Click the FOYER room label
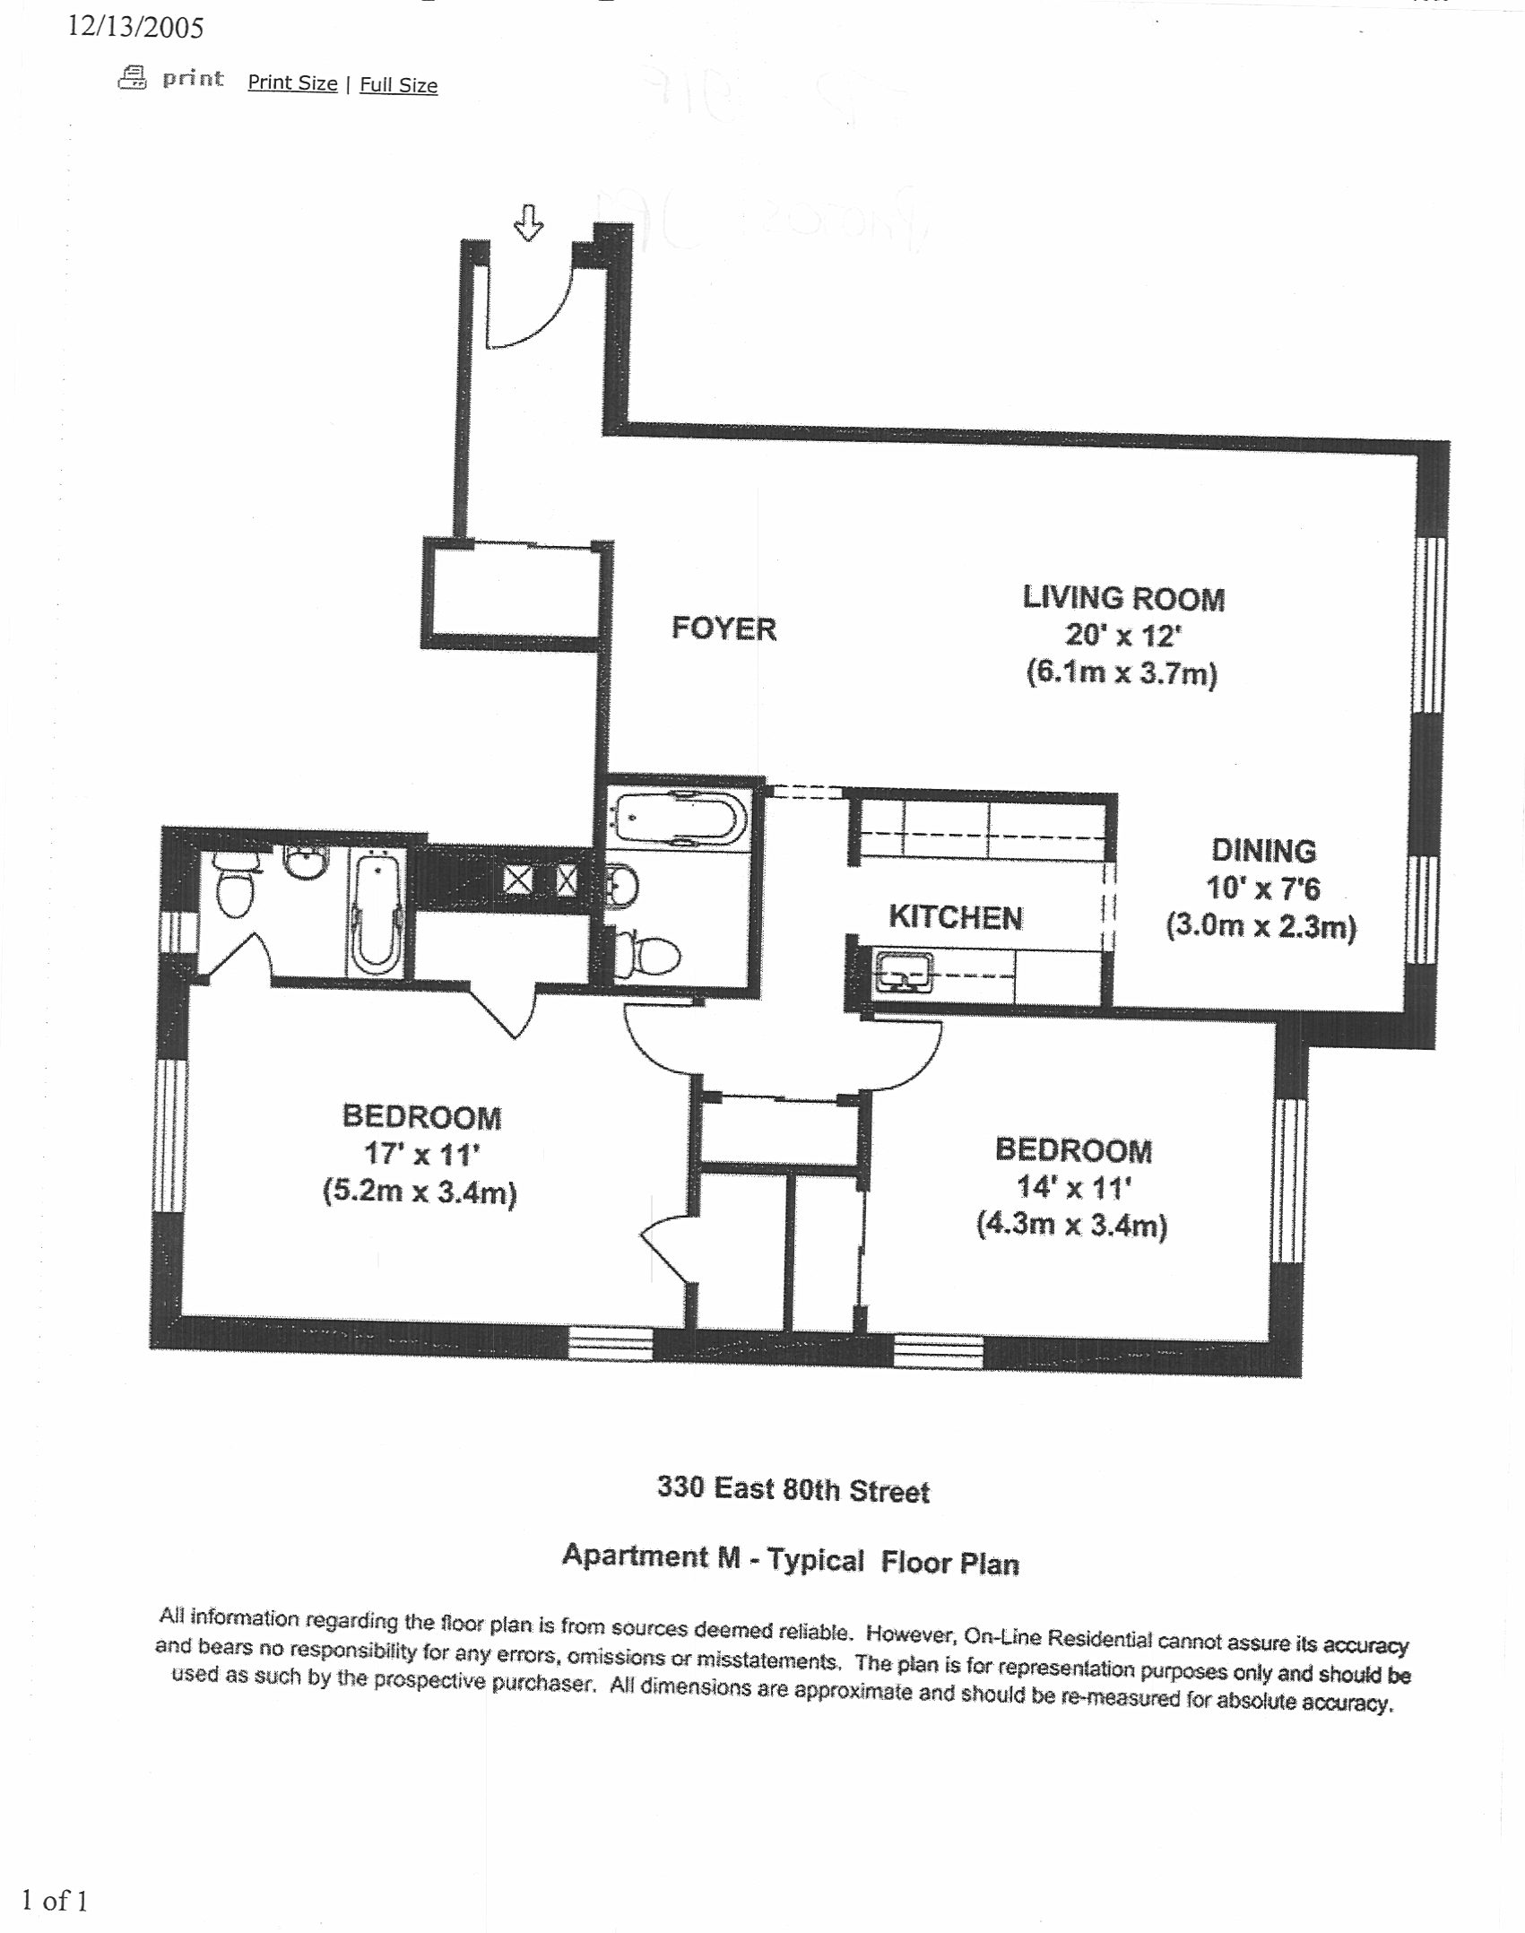(x=724, y=628)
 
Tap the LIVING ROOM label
(x=1123, y=598)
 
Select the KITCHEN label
(x=955, y=917)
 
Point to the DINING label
(x=1263, y=850)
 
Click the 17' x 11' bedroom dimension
(x=421, y=1154)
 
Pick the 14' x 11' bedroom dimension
(x=1073, y=1188)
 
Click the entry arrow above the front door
(x=528, y=222)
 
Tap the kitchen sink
(x=903, y=972)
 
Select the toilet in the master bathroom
(x=235, y=883)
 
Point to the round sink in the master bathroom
(x=305, y=862)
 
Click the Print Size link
(x=292, y=82)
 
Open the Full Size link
(x=398, y=85)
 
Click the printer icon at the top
(x=133, y=78)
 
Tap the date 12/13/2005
(x=135, y=27)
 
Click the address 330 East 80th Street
(x=793, y=1489)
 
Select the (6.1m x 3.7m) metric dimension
(x=1122, y=672)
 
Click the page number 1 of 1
(x=54, y=1900)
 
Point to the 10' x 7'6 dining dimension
(x=1262, y=888)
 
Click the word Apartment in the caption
(x=635, y=1556)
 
